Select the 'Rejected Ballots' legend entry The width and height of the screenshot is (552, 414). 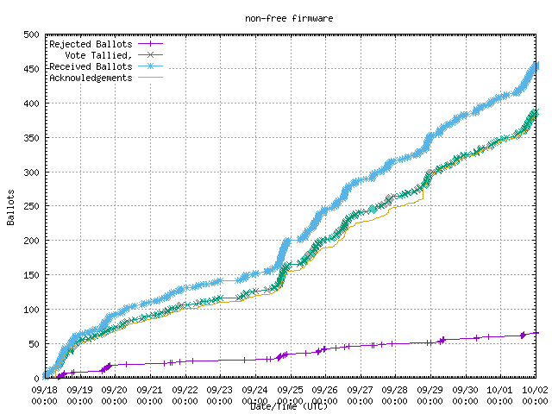click(x=91, y=44)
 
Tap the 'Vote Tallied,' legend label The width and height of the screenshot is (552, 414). click(x=101, y=55)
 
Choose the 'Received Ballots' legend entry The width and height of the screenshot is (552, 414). click(x=91, y=66)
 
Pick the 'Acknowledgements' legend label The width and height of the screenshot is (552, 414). click(x=91, y=78)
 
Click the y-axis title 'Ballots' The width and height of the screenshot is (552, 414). click(x=11, y=207)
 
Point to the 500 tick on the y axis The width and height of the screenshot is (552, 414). click(x=31, y=35)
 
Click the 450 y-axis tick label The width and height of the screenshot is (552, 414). click(x=31, y=70)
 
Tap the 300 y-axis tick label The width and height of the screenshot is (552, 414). click(x=31, y=172)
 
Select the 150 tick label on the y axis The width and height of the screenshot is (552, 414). click(x=31, y=275)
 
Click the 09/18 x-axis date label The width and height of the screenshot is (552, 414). click(x=44, y=390)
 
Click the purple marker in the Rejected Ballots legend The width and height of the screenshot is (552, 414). click(x=149, y=44)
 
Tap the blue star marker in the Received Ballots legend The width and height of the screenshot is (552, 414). click(x=149, y=66)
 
